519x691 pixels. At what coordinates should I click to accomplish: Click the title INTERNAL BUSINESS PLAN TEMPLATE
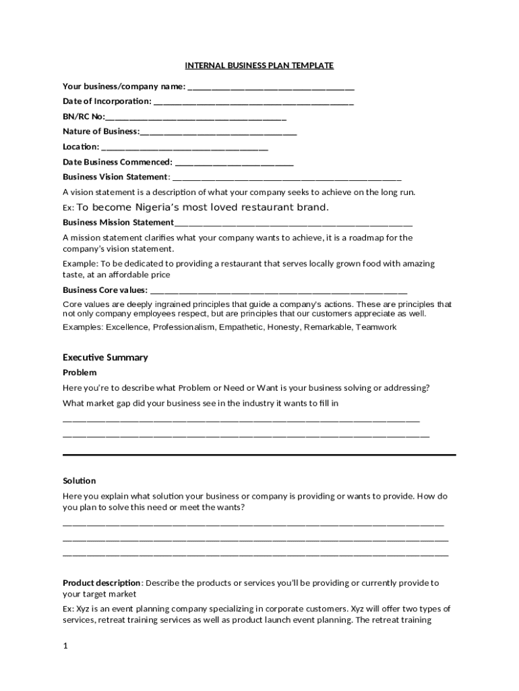click(259, 65)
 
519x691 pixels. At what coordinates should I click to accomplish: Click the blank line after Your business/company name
click(271, 87)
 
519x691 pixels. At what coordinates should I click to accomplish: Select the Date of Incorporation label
click(107, 101)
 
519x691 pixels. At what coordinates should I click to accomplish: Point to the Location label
click(81, 146)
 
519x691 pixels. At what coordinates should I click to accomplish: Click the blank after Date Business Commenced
click(234, 163)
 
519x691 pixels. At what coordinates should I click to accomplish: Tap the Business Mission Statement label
click(118, 222)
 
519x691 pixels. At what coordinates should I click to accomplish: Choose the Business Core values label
click(105, 290)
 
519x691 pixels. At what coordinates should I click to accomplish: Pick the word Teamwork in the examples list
click(376, 327)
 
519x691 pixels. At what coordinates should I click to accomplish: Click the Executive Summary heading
click(105, 357)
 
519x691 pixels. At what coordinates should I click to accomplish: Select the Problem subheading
click(80, 372)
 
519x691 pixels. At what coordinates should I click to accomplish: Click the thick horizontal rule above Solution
click(259, 455)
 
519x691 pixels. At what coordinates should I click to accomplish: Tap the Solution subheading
click(80, 480)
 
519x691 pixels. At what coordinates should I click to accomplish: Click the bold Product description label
click(102, 582)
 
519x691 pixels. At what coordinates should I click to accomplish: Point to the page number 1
click(65, 646)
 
